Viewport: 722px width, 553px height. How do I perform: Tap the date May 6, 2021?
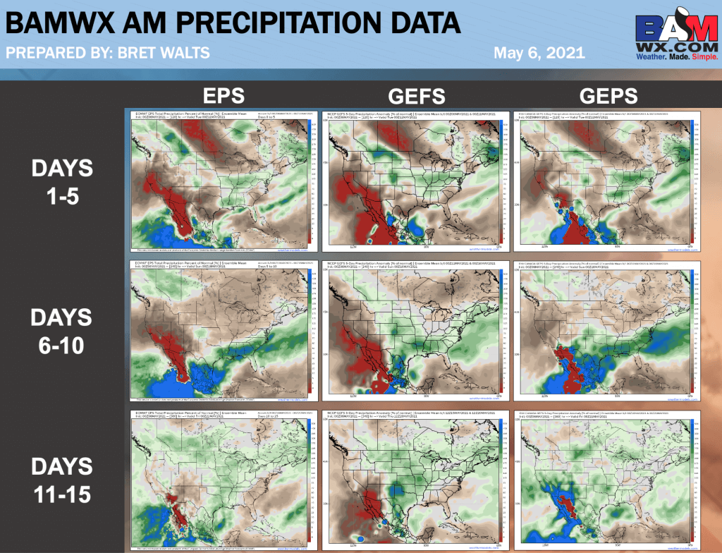tap(539, 52)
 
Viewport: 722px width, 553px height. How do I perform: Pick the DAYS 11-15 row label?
tap(61, 480)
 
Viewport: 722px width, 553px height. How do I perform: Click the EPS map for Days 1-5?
tap(219, 181)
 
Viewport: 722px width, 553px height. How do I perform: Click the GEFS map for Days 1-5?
tap(412, 181)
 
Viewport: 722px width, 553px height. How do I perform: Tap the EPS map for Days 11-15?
tap(219, 480)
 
